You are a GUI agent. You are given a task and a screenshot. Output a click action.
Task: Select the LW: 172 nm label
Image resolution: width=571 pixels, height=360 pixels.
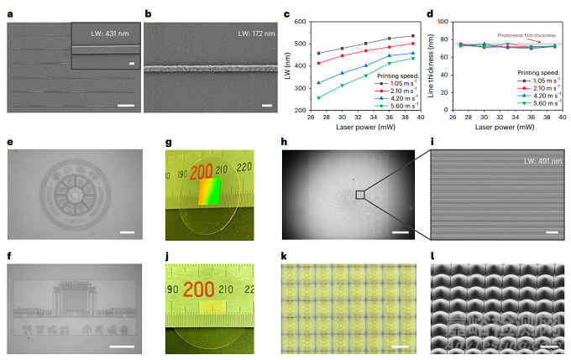pos(252,33)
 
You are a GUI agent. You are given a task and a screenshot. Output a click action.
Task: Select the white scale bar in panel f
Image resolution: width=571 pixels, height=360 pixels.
pos(123,345)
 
